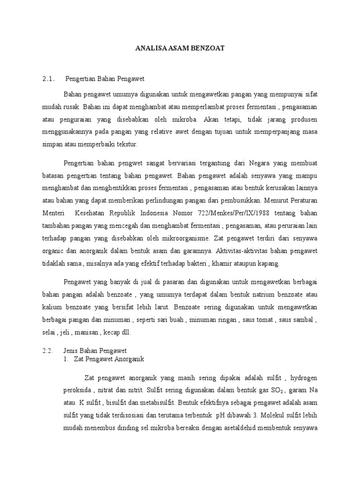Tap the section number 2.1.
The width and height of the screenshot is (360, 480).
[49, 78]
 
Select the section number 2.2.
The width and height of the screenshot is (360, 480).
[49, 351]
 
